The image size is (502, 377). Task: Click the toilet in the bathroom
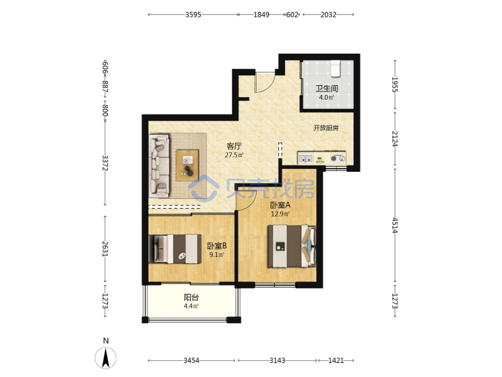[335, 68]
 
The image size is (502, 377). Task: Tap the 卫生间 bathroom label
[326, 89]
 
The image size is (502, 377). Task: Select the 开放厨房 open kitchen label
[326, 128]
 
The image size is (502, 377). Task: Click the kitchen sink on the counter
[305, 158]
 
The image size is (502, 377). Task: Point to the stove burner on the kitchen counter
[334, 158]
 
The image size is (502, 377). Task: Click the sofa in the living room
[159, 165]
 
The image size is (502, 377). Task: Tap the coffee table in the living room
[188, 165]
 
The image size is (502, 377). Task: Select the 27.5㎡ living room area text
[234, 155]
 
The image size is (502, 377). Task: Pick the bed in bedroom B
[175, 249]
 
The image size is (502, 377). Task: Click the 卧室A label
[280, 205]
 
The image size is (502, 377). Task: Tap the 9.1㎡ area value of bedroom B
[217, 255]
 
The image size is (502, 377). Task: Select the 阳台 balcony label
[191, 297]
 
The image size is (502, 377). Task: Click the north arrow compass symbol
[106, 357]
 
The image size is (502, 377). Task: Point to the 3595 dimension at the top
[193, 15]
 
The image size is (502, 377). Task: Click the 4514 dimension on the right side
[395, 226]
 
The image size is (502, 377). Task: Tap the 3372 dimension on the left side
[105, 163]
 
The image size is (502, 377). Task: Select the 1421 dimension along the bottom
[336, 360]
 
